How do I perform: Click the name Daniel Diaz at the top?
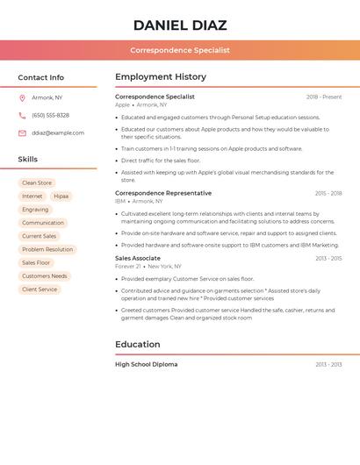point(180,25)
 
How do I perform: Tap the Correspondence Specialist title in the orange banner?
point(180,50)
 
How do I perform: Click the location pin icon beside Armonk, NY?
point(22,97)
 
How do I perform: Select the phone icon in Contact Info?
point(22,115)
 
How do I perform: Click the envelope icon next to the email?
point(22,133)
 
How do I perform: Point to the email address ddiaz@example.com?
point(58,133)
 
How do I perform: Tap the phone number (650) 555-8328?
point(50,115)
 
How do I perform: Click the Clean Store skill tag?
point(37,183)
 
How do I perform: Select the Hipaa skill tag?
point(61,197)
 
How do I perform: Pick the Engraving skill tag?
point(35,210)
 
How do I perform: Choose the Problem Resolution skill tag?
point(47,249)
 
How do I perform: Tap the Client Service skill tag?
point(40,289)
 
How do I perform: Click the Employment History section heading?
point(161,77)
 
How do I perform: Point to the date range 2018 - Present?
point(324,97)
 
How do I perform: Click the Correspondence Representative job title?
point(163,193)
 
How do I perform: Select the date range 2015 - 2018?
point(328,193)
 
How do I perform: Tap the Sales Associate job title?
point(138,258)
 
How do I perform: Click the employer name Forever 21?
point(127,266)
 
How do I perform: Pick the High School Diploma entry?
point(146,364)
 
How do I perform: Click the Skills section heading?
point(28,160)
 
